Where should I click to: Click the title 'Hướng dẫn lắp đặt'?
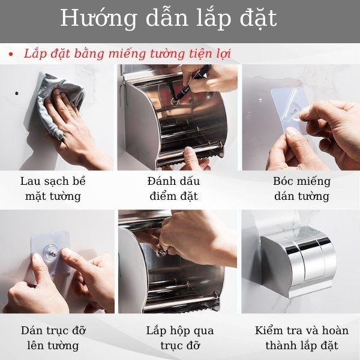pyautogui.click(x=169, y=19)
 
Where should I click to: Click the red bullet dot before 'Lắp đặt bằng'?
pyautogui.click(x=10, y=55)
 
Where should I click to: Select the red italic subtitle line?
pyautogui.click(x=127, y=53)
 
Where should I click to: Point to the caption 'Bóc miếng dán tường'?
pyautogui.click(x=302, y=188)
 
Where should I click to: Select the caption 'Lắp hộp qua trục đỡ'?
pyautogui.click(x=179, y=338)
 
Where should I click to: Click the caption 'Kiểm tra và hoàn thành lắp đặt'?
pyautogui.click(x=302, y=338)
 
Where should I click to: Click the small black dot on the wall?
pyautogui.click(x=17, y=94)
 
